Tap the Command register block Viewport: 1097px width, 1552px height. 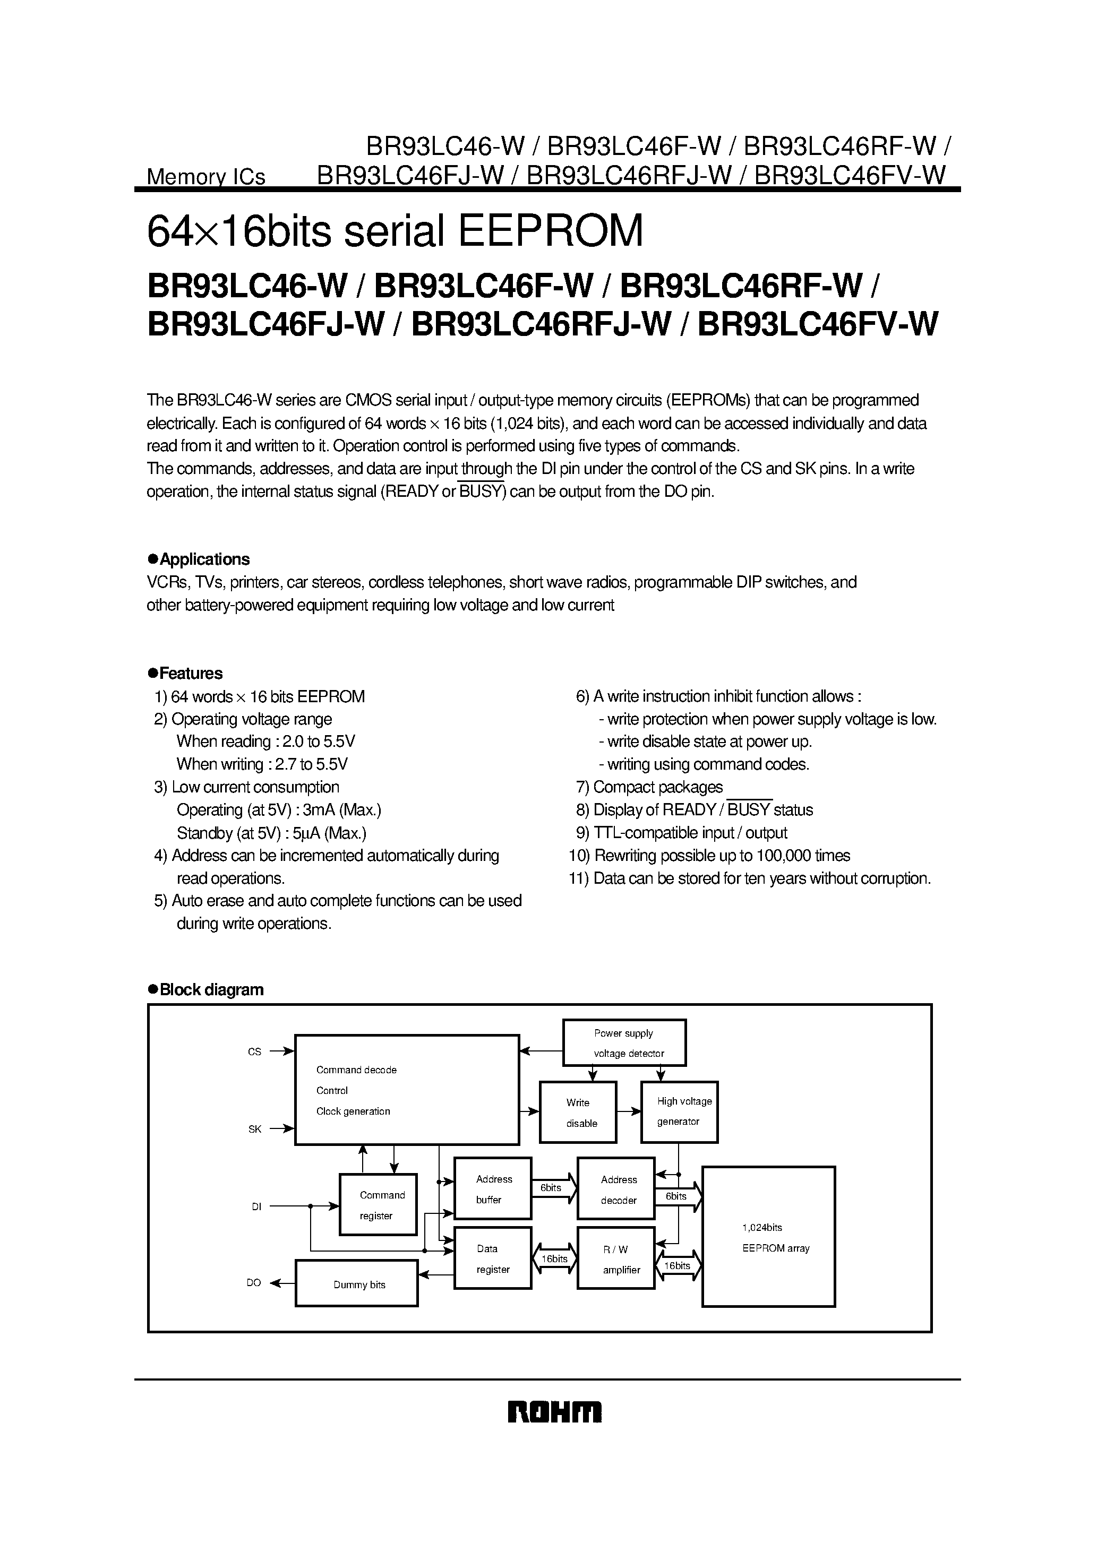[378, 1204]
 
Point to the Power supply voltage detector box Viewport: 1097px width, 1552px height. [624, 1043]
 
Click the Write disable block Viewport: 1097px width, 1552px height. [578, 1112]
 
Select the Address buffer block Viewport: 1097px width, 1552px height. [492, 1188]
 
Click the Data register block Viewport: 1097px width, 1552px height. [492, 1258]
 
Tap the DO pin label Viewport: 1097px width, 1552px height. [254, 1283]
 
